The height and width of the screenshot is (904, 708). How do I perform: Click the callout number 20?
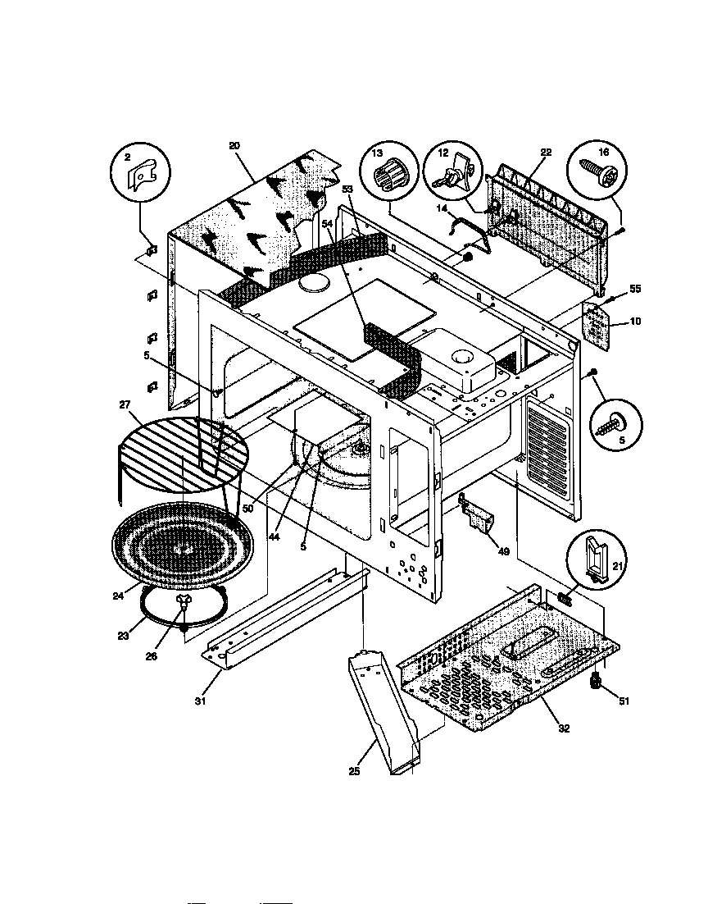(x=234, y=145)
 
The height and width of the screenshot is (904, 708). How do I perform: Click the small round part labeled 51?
(x=596, y=681)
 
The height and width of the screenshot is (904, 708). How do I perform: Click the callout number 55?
(x=634, y=290)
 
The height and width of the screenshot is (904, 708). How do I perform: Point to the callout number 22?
(x=546, y=152)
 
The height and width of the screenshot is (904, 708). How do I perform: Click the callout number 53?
(x=347, y=189)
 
